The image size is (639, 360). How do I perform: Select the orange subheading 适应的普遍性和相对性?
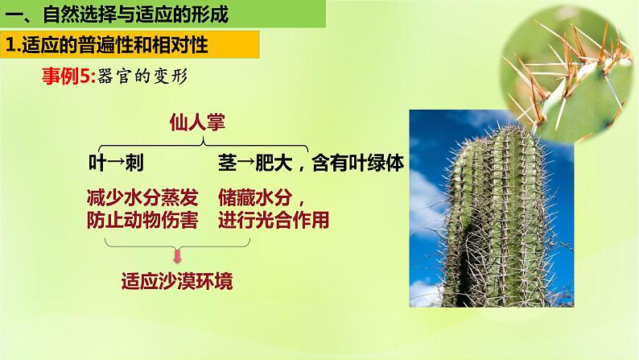point(113,45)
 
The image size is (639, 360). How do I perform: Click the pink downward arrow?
point(177,256)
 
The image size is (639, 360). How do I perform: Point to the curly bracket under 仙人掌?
point(197,142)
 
